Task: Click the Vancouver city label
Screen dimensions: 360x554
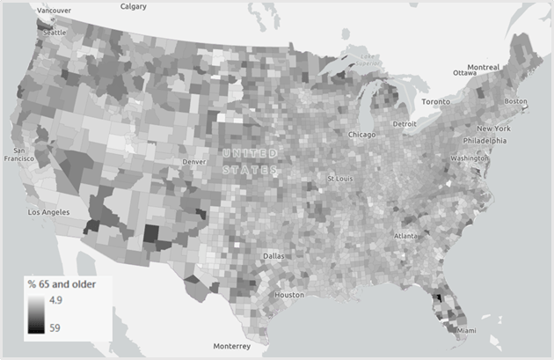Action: pos(55,10)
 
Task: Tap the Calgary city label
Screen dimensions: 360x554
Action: pos(133,6)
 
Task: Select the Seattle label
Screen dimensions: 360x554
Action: pos(54,32)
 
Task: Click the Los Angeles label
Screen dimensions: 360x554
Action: pos(48,212)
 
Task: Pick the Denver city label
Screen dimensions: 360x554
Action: pos(194,162)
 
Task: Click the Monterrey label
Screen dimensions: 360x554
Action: pos(232,346)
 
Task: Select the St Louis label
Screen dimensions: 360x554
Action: pos(340,179)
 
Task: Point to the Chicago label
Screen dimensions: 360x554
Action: pos(361,135)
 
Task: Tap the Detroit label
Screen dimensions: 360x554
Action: pos(405,124)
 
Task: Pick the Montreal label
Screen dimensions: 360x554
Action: pos(483,67)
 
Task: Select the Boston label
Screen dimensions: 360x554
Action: pos(516,101)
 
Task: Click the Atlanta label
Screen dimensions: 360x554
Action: pos(406,236)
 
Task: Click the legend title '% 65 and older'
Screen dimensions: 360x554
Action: pos(62,283)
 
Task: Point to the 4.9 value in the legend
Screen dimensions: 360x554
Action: pos(54,300)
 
